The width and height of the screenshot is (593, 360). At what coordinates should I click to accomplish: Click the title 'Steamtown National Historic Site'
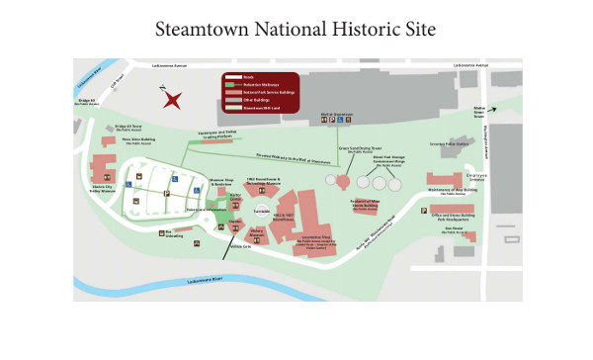296,30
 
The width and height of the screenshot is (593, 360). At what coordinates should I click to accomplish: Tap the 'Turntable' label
263,211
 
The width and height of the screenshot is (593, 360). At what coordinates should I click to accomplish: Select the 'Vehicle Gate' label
241,246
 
